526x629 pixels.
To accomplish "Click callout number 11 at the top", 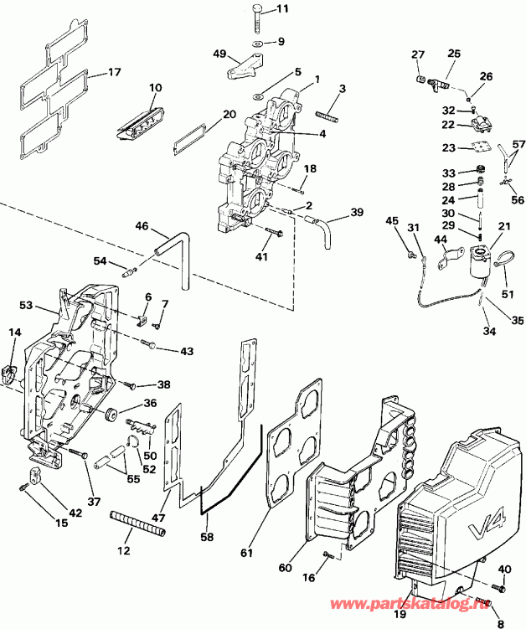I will coord(281,9).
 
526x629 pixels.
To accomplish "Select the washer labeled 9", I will coord(258,42).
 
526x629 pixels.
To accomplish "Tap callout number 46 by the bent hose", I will coord(142,225).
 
